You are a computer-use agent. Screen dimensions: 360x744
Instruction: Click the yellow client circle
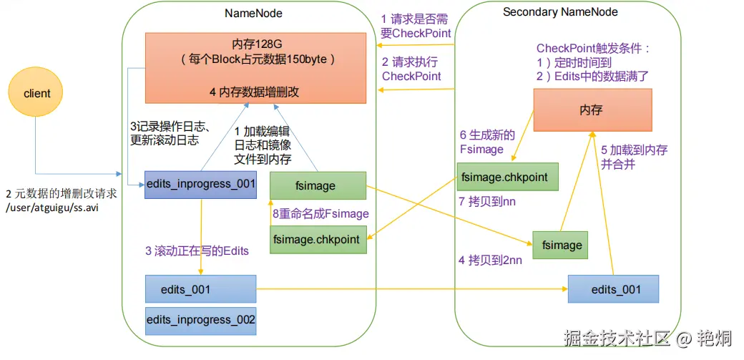pos(36,94)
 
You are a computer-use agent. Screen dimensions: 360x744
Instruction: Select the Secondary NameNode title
pos(560,12)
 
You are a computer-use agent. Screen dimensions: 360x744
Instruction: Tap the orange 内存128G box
pos(261,68)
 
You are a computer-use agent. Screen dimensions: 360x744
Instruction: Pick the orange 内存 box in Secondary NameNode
pos(592,110)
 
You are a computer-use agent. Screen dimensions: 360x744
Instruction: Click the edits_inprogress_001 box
pos(200,184)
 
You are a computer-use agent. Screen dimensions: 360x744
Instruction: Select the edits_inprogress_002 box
pos(200,320)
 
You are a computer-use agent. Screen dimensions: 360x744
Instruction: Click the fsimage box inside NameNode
pos(318,185)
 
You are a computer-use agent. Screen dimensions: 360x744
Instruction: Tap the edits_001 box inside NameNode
pos(200,289)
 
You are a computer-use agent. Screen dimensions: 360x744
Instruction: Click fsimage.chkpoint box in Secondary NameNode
pos(508,176)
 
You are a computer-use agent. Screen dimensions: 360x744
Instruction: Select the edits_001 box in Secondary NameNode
pos(614,289)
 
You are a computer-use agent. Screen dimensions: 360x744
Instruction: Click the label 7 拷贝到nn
pos(486,203)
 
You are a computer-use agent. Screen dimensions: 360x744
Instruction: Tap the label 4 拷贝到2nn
pos(490,261)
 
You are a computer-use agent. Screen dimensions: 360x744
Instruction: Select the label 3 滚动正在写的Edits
pos(197,250)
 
